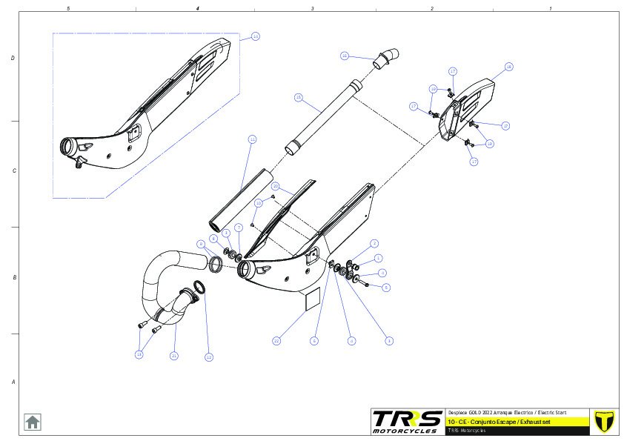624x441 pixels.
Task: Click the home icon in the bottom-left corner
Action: pos(33,422)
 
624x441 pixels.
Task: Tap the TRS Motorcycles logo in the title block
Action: pos(407,421)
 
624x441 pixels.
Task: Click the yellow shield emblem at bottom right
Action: pos(605,420)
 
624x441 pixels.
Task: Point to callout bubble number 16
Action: pos(345,56)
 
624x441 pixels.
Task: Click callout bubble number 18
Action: pos(509,67)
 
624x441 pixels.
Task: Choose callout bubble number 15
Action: pos(298,97)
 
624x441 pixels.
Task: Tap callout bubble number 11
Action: pos(252,139)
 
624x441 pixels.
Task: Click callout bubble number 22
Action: pos(276,341)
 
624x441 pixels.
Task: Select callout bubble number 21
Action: pos(173,356)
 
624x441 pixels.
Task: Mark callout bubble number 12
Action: pos(209,357)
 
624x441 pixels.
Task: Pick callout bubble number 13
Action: pos(139,354)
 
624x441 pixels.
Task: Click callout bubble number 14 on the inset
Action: pos(255,36)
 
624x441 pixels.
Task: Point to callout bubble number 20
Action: pos(274,186)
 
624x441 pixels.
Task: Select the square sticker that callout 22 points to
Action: pos(311,297)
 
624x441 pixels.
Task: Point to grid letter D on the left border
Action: pos(12,58)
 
